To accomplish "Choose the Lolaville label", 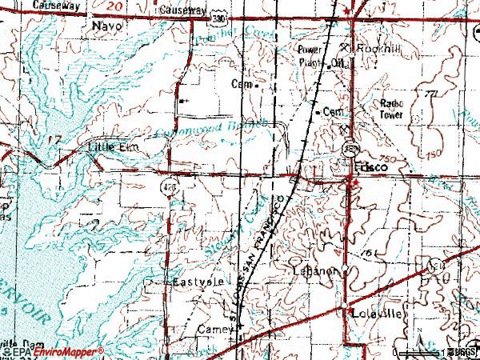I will (376, 315).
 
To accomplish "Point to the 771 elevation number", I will (432, 94).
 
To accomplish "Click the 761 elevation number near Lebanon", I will (368, 253).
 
